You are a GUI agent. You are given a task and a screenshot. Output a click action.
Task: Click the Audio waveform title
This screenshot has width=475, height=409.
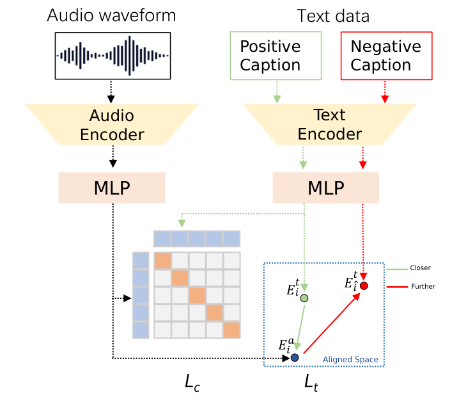(111, 15)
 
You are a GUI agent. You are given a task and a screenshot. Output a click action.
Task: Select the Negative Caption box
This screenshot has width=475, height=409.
(385, 56)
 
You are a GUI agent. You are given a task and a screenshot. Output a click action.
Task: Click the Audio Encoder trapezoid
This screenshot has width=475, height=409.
(111, 125)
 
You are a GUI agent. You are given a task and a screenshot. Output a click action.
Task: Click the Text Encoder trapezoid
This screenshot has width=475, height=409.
(329, 125)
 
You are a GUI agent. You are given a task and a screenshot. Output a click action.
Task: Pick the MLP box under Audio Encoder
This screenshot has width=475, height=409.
(111, 189)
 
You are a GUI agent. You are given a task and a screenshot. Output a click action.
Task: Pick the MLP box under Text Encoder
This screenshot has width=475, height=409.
(326, 189)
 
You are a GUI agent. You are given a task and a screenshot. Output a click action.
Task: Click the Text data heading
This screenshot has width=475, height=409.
(333, 15)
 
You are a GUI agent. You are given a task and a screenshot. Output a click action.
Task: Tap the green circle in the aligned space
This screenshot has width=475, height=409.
(305, 298)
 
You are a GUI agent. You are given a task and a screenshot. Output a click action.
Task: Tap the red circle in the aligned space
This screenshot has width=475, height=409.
(364, 285)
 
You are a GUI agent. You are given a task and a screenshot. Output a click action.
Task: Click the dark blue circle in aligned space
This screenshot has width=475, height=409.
(295, 357)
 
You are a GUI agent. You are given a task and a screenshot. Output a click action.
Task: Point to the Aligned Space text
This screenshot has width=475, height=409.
(350, 360)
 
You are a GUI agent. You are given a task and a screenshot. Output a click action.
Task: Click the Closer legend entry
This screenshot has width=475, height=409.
(421, 268)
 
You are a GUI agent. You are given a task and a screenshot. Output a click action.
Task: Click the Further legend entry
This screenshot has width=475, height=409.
(423, 286)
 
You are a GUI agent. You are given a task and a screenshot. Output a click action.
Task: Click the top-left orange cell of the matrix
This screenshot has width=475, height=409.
(162, 261)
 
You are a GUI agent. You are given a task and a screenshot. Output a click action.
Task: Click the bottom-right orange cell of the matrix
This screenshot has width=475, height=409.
(231, 330)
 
